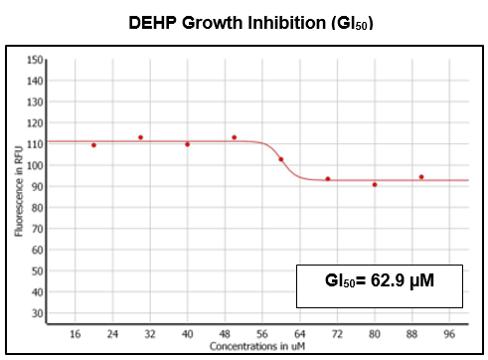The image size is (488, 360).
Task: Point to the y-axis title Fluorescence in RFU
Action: click(x=19, y=190)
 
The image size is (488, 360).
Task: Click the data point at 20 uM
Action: click(x=93, y=145)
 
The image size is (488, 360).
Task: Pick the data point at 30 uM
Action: click(x=140, y=137)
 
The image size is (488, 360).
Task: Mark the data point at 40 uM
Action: click(x=187, y=144)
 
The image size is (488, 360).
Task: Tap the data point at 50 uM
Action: click(x=234, y=137)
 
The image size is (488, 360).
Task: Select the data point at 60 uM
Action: click(x=280, y=159)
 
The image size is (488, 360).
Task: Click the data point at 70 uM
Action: click(x=328, y=179)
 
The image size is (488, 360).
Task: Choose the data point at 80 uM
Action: click(x=375, y=185)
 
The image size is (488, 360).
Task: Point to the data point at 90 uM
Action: click(x=421, y=177)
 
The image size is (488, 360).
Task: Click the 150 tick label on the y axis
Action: click(x=35, y=61)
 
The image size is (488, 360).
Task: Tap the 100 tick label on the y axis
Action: click(x=35, y=166)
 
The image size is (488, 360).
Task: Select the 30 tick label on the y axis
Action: click(x=37, y=313)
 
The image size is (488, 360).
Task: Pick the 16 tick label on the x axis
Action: click(x=75, y=333)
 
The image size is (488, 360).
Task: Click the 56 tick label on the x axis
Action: click(x=262, y=333)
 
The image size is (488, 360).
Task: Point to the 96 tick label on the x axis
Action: click(x=449, y=333)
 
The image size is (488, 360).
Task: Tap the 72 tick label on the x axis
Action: click(x=337, y=333)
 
